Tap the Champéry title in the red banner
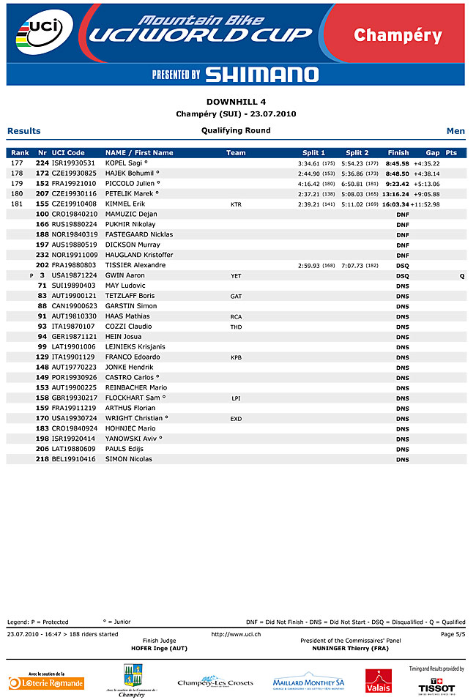[x=398, y=35]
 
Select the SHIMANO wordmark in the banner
[x=261, y=74]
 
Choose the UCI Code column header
[x=68, y=153]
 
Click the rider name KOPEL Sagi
[x=127, y=163]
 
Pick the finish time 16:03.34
[x=395, y=204]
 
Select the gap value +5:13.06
[x=426, y=184]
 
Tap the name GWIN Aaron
[x=125, y=275]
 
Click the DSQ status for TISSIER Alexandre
[x=403, y=266]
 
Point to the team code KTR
[x=236, y=205]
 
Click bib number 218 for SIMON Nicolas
[x=42, y=459]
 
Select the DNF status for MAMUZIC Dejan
[x=403, y=215]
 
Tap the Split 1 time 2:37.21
[x=310, y=194]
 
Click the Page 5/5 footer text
[x=453, y=634]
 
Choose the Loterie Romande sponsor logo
[x=46, y=683]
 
